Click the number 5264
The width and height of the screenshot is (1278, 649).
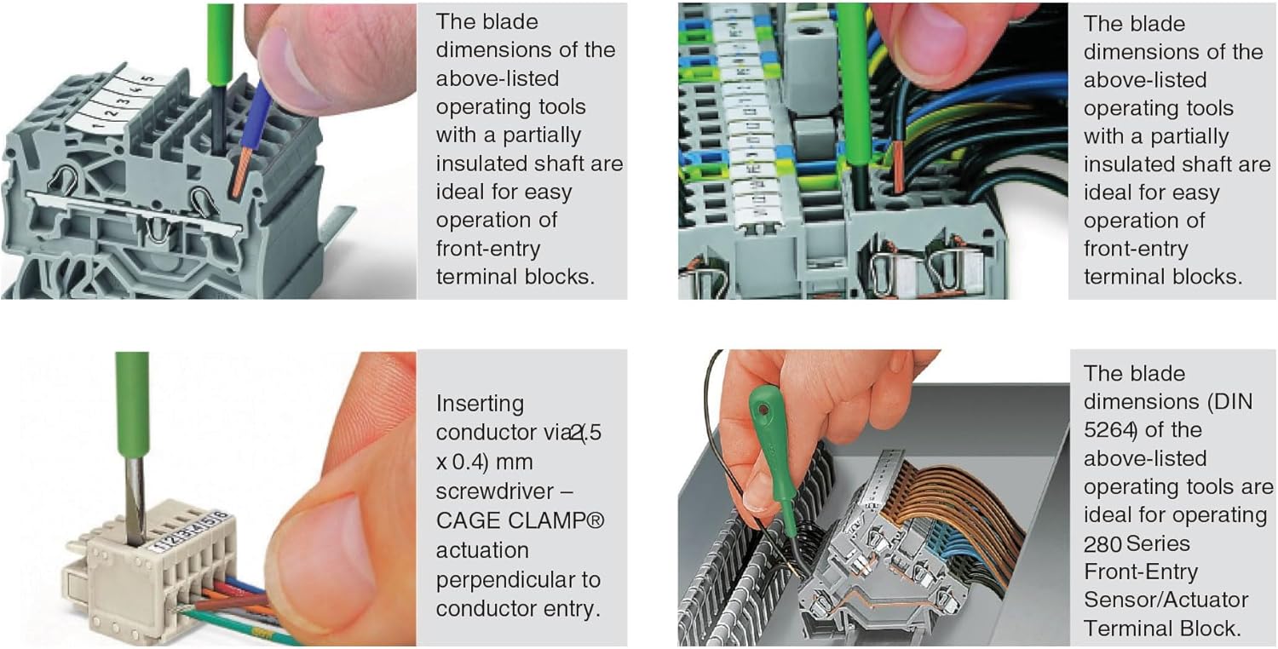pyautogui.click(x=1107, y=430)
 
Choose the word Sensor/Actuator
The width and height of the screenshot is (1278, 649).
pyautogui.click(x=1166, y=600)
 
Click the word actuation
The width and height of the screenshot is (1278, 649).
pyautogui.click(x=482, y=550)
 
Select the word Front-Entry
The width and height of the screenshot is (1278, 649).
pyautogui.click(x=1141, y=572)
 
